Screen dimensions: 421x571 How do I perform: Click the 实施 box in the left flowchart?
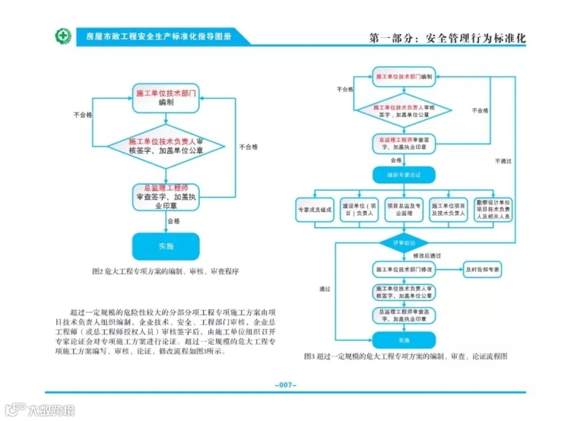tap(165, 246)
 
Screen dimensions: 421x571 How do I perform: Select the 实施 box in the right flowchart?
tap(404, 340)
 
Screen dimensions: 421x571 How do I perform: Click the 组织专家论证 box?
tap(404, 174)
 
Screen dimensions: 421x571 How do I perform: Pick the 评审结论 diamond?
tap(404, 243)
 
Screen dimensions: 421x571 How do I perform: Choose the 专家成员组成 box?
tap(315, 210)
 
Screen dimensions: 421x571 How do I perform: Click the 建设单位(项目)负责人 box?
tap(359, 210)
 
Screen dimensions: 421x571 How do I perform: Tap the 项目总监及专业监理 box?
tap(404, 210)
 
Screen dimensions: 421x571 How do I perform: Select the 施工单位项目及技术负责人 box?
tap(448, 210)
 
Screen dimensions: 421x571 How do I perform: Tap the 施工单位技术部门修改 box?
tap(404, 269)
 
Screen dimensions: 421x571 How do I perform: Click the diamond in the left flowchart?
tap(166, 146)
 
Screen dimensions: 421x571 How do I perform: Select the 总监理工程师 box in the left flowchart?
tap(165, 197)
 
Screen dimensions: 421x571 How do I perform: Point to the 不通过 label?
tap(502, 161)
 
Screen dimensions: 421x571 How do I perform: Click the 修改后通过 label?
tap(427, 255)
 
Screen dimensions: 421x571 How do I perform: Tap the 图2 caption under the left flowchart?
tap(165, 271)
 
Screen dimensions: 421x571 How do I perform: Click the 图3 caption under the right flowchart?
tap(406, 356)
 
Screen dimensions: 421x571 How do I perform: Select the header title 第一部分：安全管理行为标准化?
tap(447, 38)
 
